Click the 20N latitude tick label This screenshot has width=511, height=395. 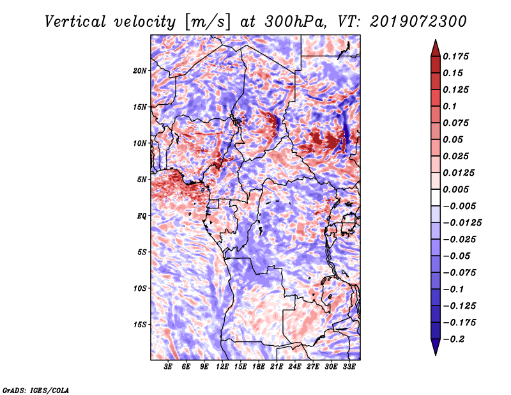[140, 70]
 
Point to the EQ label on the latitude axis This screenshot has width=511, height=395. [141, 216]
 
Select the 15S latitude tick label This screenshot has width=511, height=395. [140, 325]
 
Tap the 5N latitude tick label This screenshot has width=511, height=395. [142, 180]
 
